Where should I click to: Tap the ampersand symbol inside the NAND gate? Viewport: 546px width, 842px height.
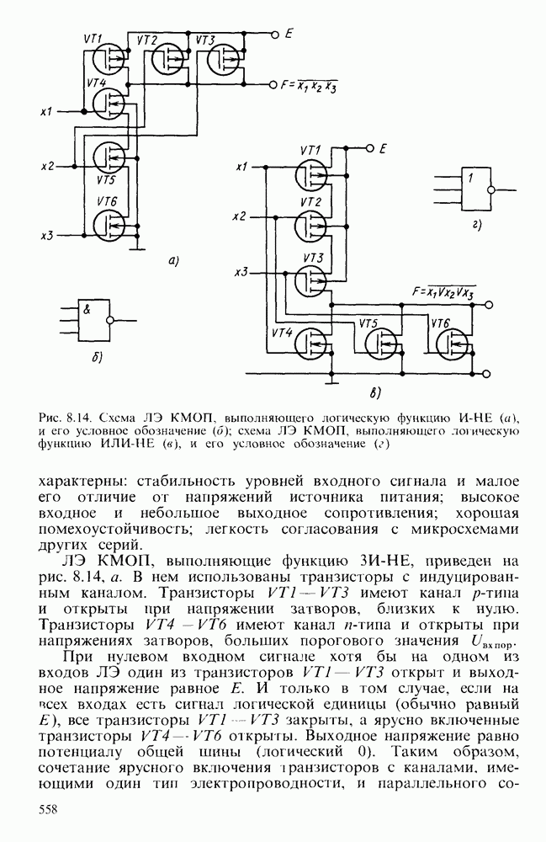coord(87,309)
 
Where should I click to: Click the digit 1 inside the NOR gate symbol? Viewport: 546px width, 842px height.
coord(473,178)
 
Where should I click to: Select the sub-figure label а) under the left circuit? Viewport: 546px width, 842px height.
coord(173,261)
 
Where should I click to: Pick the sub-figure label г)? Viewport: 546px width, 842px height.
coord(477,224)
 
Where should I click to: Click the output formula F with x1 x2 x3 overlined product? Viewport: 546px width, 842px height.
coord(310,86)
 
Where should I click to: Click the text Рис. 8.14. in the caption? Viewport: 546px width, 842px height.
coord(65,418)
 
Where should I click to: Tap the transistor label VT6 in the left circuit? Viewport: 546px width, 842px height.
coord(107,200)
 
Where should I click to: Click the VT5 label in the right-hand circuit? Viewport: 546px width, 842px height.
coord(368,322)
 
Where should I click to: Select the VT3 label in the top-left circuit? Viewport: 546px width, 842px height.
coord(205,40)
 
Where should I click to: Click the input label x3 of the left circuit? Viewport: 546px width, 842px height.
coord(47,235)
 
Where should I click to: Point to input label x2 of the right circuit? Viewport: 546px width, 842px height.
coord(240,216)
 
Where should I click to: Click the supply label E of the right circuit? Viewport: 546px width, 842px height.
coord(383,148)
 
